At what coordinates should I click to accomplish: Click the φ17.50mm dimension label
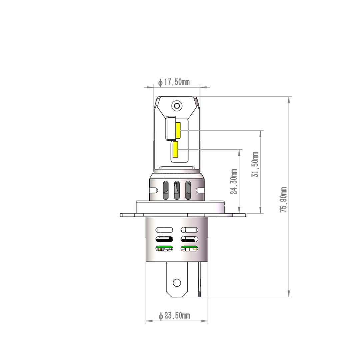pos(174,82)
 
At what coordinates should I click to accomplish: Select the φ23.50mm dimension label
pos(174,316)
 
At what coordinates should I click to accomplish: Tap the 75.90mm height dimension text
pos(284,199)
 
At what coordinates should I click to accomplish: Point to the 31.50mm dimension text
pos(255,164)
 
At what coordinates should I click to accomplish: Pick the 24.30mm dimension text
pos(234,181)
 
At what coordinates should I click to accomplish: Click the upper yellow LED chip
pos(178,131)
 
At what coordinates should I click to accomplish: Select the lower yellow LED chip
pos(175,150)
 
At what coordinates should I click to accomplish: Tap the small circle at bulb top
pos(177,106)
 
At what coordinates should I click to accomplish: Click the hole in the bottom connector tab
pos(177,283)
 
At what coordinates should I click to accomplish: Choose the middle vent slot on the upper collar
pos(177,190)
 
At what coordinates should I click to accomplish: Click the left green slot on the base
pos(164,248)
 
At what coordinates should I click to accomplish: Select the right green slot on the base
pos(189,248)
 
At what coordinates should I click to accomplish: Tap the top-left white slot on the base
pos(164,230)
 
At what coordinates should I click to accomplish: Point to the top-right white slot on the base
pos(189,230)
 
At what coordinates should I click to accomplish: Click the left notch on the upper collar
pos(154,190)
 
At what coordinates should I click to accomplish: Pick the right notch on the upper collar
pos(200,190)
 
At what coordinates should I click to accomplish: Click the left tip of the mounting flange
pos(121,215)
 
